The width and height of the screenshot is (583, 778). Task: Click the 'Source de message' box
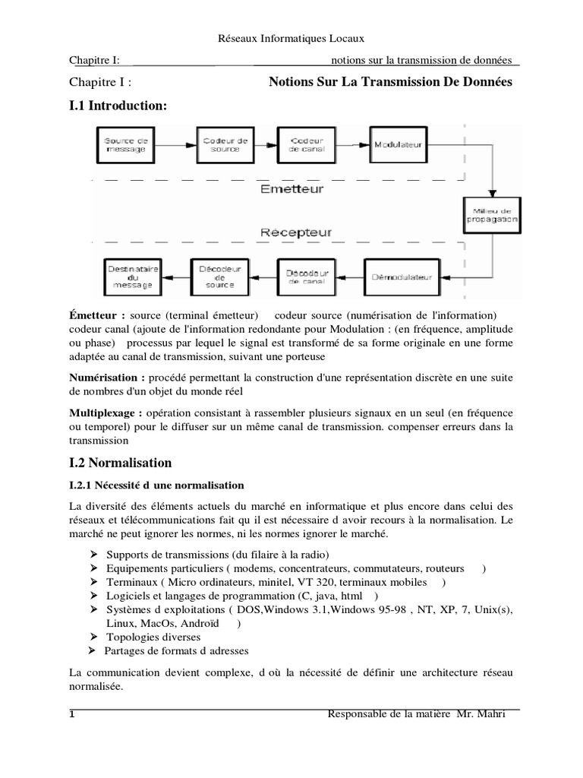click(128, 144)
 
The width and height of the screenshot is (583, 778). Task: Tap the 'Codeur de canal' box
click(307, 144)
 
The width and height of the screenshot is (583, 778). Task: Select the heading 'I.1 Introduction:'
click(117, 106)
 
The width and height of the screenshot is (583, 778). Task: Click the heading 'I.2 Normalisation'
click(120, 463)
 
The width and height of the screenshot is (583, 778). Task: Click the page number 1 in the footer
click(72, 714)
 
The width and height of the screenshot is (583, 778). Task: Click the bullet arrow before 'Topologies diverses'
click(94, 637)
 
